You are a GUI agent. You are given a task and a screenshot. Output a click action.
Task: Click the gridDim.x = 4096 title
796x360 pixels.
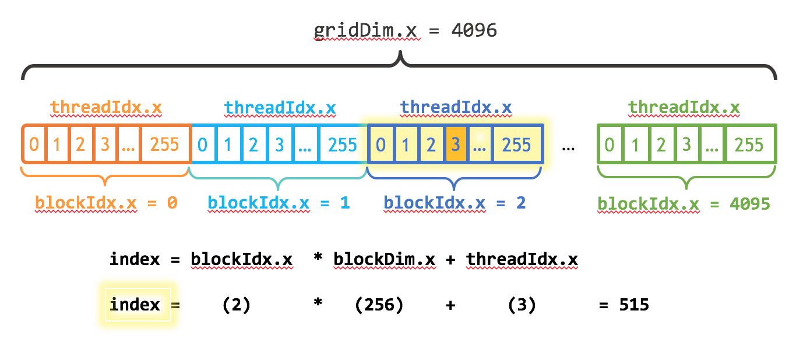tap(406, 30)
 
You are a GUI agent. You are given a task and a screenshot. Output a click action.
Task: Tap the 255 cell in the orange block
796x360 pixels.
tap(164, 144)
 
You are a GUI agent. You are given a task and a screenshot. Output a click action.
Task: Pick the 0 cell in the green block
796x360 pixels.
tap(610, 144)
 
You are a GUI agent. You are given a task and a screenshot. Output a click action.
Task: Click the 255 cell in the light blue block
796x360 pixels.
tap(342, 144)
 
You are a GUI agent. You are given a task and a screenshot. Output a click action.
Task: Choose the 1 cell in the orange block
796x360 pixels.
tap(57, 144)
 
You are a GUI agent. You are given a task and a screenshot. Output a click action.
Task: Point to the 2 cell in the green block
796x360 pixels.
tap(662, 144)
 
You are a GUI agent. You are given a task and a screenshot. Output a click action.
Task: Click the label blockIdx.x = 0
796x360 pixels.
tap(107, 203)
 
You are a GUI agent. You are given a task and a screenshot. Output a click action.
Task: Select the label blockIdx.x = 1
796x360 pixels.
tap(279, 203)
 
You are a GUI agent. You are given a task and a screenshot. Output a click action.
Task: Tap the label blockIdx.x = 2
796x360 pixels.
tap(455, 203)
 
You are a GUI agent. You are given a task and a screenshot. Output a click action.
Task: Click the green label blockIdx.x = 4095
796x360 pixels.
tap(684, 204)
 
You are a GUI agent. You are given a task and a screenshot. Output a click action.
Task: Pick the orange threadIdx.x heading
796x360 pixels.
tap(106, 108)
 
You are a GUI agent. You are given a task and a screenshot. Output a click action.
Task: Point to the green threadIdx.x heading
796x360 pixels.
tap(684, 108)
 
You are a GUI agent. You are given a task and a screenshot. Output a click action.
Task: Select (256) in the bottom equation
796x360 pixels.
tap(379, 305)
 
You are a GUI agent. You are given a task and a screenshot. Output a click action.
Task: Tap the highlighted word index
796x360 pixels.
tap(135, 305)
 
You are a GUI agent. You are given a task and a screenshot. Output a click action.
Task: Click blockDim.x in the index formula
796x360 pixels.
tap(385, 259)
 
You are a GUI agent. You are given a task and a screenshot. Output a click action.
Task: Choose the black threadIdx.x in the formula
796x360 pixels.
tap(522, 259)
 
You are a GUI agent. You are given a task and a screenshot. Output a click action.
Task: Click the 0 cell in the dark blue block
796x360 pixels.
tap(381, 144)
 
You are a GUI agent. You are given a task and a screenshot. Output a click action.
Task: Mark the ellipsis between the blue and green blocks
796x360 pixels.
tap(569, 147)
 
